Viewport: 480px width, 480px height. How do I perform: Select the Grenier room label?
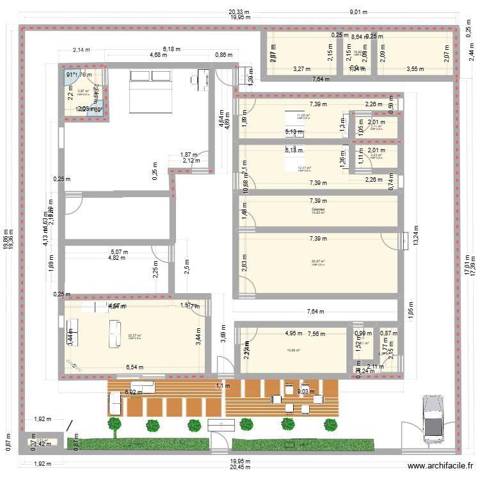(318, 209)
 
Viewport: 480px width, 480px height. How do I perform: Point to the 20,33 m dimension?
(240, 12)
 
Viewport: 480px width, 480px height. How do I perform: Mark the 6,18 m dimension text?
(172, 49)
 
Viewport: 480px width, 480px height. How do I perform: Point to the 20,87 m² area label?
(318, 261)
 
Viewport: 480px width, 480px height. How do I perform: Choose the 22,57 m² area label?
(134, 335)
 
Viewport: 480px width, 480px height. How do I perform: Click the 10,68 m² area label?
(294, 350)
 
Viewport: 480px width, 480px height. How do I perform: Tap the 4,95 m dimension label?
(294, 333)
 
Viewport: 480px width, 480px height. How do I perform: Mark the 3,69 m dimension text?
(223, 335)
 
